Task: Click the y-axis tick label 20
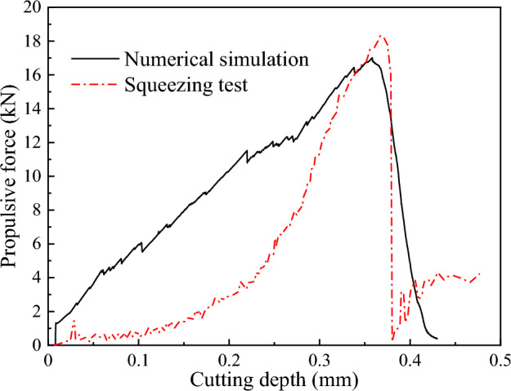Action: pyautogui.click(x=33, y=7)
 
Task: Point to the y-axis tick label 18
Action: pyautogui.click(x=33, y=41)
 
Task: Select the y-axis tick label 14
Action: pyautogui.click(x=33, y=109)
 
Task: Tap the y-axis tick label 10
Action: pyautogui.click(x=33, y=176)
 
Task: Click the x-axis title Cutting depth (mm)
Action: pyautogui.click(x=275, y=380)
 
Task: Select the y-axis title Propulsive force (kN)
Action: pyautogui.click(x=11, y=176)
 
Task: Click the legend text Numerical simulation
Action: pyautogui.click(x=216, y=59)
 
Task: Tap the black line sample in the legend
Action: pyautogui.click(x=94, y=59)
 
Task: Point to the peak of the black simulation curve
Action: pyautogui.click(x=372, y=58)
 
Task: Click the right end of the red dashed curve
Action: pyautogui.click(x=479, y=273)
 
